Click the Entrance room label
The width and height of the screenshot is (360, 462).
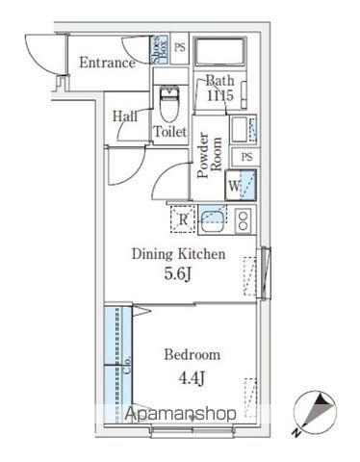coord(107,63)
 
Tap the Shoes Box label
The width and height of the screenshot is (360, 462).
coord(160,50)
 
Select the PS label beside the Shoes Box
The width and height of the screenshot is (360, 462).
coord(180,48)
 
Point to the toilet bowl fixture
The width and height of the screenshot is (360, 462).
coord(169,103)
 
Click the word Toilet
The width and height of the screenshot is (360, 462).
coord(169,132)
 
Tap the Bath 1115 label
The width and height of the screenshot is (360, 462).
coord(219,88)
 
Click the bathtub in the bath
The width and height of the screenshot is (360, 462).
coord(219,52)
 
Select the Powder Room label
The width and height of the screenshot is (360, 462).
coord(210,155)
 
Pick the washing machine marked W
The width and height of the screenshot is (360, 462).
coord(241,186)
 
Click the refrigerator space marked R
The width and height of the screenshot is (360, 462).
coord(183,219)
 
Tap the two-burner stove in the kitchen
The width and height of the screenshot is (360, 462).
coord(243,219)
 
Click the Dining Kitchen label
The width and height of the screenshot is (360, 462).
coord(178,254)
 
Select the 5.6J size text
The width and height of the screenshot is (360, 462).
coord(178,273)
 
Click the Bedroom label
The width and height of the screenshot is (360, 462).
coord(193,355)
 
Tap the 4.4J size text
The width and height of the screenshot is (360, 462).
coord(192,379)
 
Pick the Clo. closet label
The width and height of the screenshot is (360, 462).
coord(127,364)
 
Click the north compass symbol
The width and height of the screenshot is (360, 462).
coord(316,413)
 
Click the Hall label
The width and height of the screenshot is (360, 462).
coord(125,116)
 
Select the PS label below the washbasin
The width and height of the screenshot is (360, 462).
coord(246,157)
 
